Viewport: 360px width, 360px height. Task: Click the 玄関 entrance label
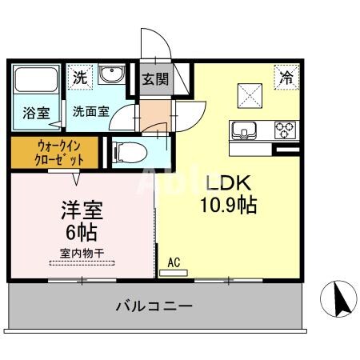tap(156, 78)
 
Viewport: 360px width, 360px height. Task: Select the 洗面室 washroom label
tap(89, 113)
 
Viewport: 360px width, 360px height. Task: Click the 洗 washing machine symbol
tap(80, 78)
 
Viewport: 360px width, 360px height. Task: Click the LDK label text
tap(227, 182)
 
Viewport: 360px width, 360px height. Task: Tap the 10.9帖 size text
tap(227, 205)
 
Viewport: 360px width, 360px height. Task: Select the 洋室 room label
tap(82, 213)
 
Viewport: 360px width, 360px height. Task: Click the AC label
tap(174, 261)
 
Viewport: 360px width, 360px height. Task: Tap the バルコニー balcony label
tap(153, 306)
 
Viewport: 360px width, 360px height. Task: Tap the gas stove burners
tap(285, 128)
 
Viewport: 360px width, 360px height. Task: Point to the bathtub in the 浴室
tap(34, 83)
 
